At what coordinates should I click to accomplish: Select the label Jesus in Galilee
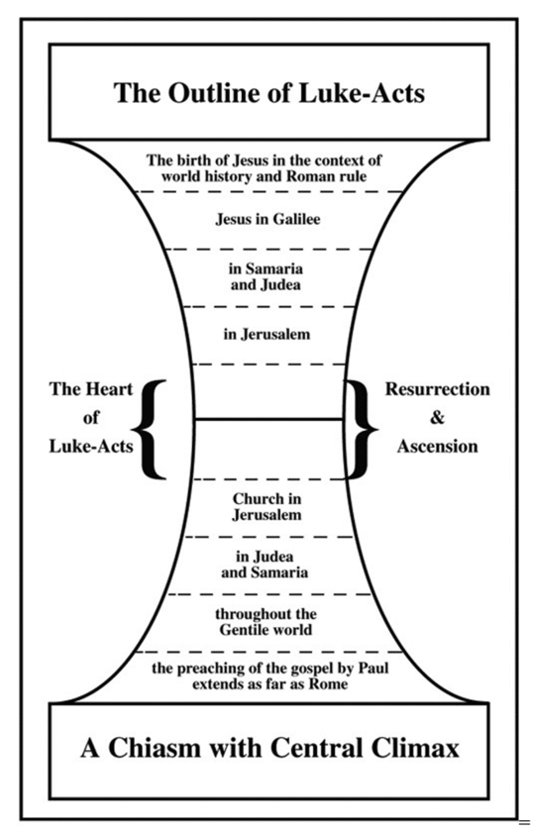point(267,219)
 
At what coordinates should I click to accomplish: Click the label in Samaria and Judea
point(266,276)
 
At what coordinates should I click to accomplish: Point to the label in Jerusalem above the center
point(266,334)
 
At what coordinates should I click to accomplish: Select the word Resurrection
point(437,389)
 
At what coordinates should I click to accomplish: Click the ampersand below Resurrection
point(437,418)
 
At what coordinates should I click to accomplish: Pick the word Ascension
point(437,446)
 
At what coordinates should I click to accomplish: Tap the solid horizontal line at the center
point(269,420)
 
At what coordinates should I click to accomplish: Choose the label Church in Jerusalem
point(266,507)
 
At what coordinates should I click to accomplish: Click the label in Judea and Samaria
point(265,565)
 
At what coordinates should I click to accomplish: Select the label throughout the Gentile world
point(266,622)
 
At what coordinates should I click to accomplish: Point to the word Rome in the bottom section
point(328,683)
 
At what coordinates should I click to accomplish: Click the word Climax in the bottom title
point(415,748)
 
